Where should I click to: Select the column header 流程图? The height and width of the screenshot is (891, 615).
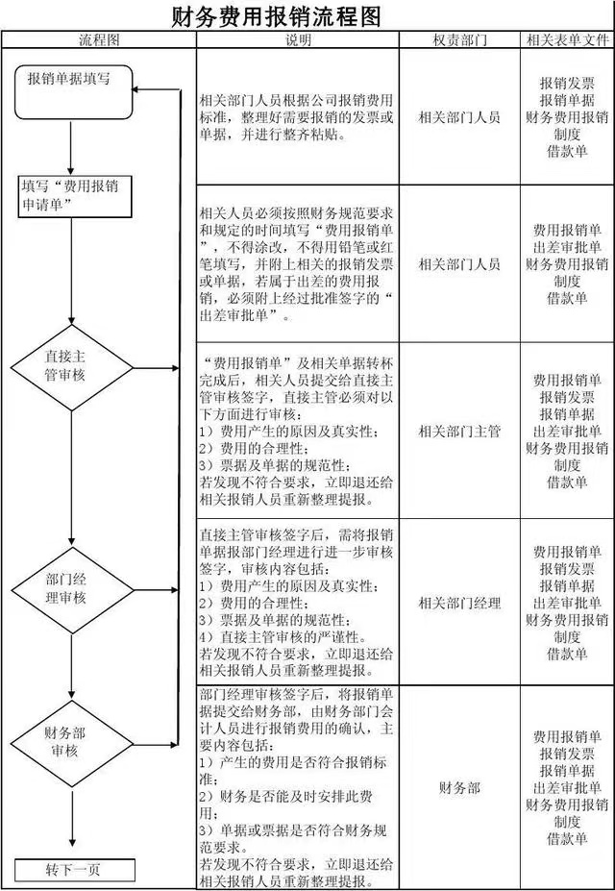pyautogui.click(x=98, y=40)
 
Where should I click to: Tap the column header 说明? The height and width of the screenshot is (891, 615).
pyautogui.click(x=298, y=40)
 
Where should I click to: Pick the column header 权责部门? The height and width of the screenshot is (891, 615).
pyautogui.click(x=459, y=40)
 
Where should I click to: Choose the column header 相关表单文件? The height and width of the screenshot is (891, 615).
pyautogui.click(x=568, y=40)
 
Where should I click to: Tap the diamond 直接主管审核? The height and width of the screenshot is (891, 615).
pyautogui.click(x=73, y=366)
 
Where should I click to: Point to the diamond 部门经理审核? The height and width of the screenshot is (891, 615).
pyautogui.click(x=73, y=587)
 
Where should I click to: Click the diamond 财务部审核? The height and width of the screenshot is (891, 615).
pyautogui.click(x=73, y=741)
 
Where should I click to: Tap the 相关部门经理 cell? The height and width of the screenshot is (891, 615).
pyautogui.click(x=459, y=604)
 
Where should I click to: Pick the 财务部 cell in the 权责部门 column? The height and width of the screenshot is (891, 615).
pyautogui.click(x=459, y=788)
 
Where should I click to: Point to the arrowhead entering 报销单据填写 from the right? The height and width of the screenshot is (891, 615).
pyautogui.click(x=139, y=90)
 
